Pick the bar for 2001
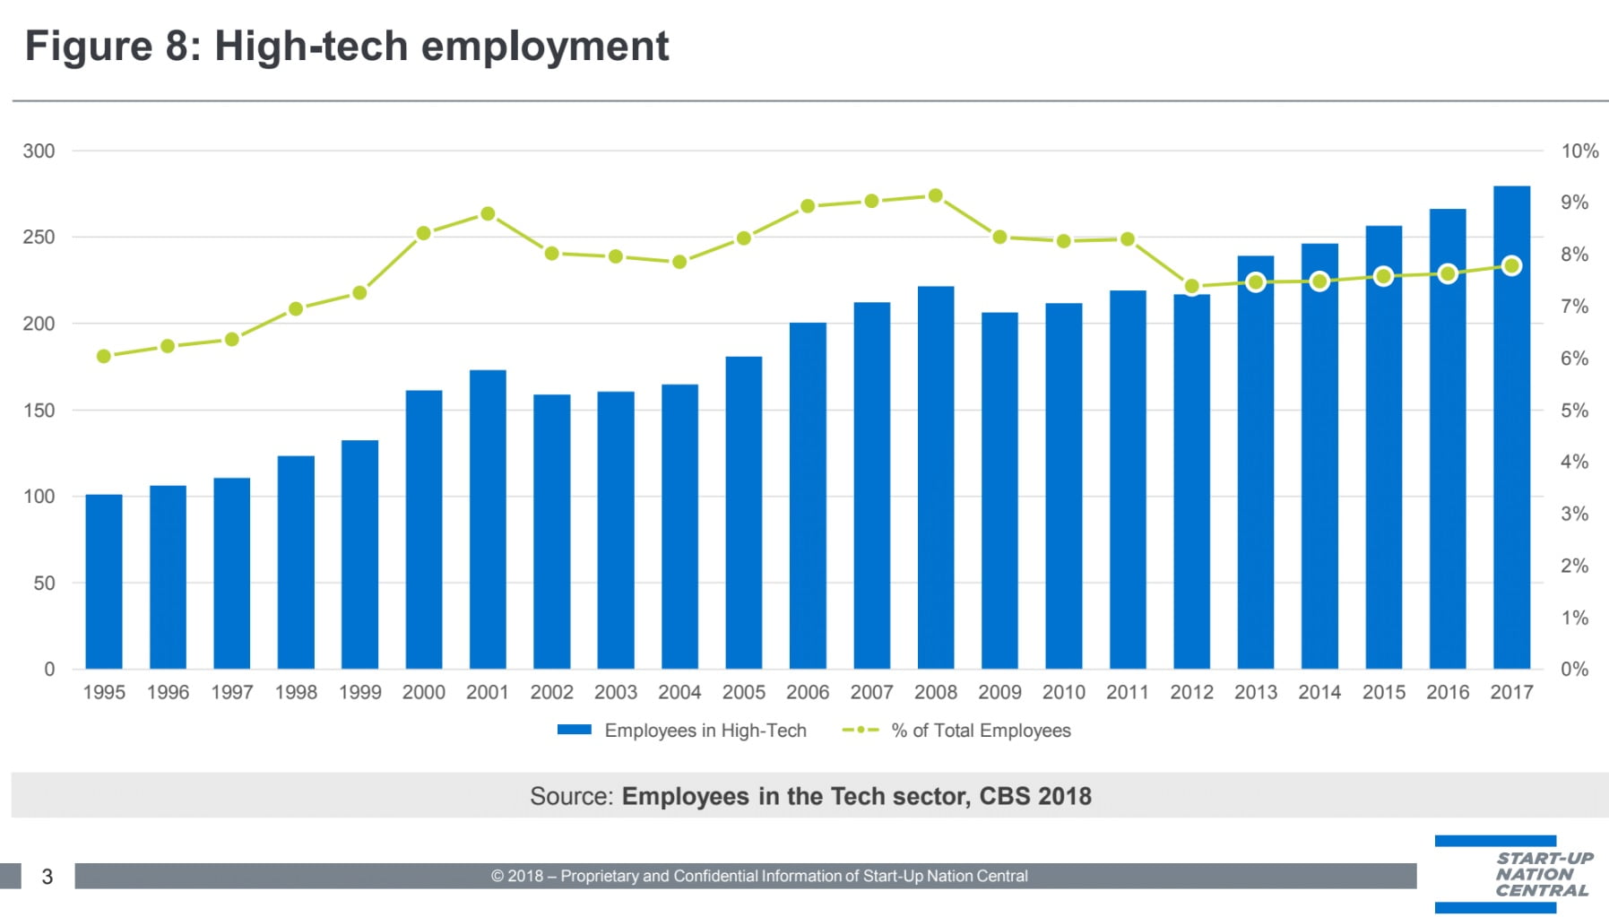(x=488, y=520)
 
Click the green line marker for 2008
(x=935, y=195)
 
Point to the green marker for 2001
(x=488, y=214)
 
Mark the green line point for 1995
(x=104, y=356)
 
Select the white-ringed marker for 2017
(x=1511, y=266)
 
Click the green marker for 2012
(x=1191, y=287)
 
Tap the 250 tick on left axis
(x=39, y=238)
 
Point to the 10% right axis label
(x=1579, y=151)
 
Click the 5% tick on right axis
(x=1574, y=411)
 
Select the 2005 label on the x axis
(x=743, y=692)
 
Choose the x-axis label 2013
(x=1255, y=692)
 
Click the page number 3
(x=48, y=877)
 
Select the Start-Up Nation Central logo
(x=1524, y=874)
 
